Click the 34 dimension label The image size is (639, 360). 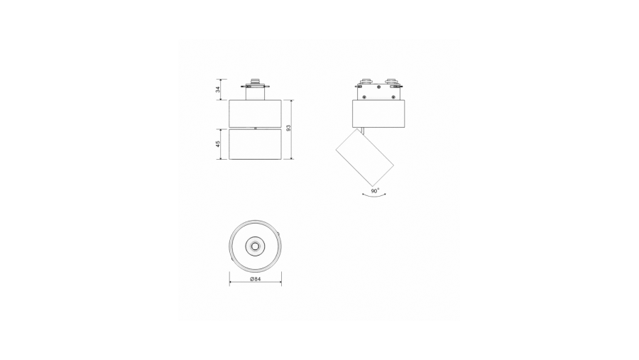click(218, 89)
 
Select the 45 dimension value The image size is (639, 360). click(218, 144)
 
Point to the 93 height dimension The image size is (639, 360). click(288, 128)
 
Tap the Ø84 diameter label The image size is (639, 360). click(255, 279)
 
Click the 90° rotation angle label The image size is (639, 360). click(375, 190)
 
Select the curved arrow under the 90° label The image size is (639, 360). click(374, 196)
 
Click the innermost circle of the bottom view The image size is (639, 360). click(255, 246)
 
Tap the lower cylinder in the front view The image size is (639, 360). click(255, 144)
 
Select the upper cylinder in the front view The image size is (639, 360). click(255, 113)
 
